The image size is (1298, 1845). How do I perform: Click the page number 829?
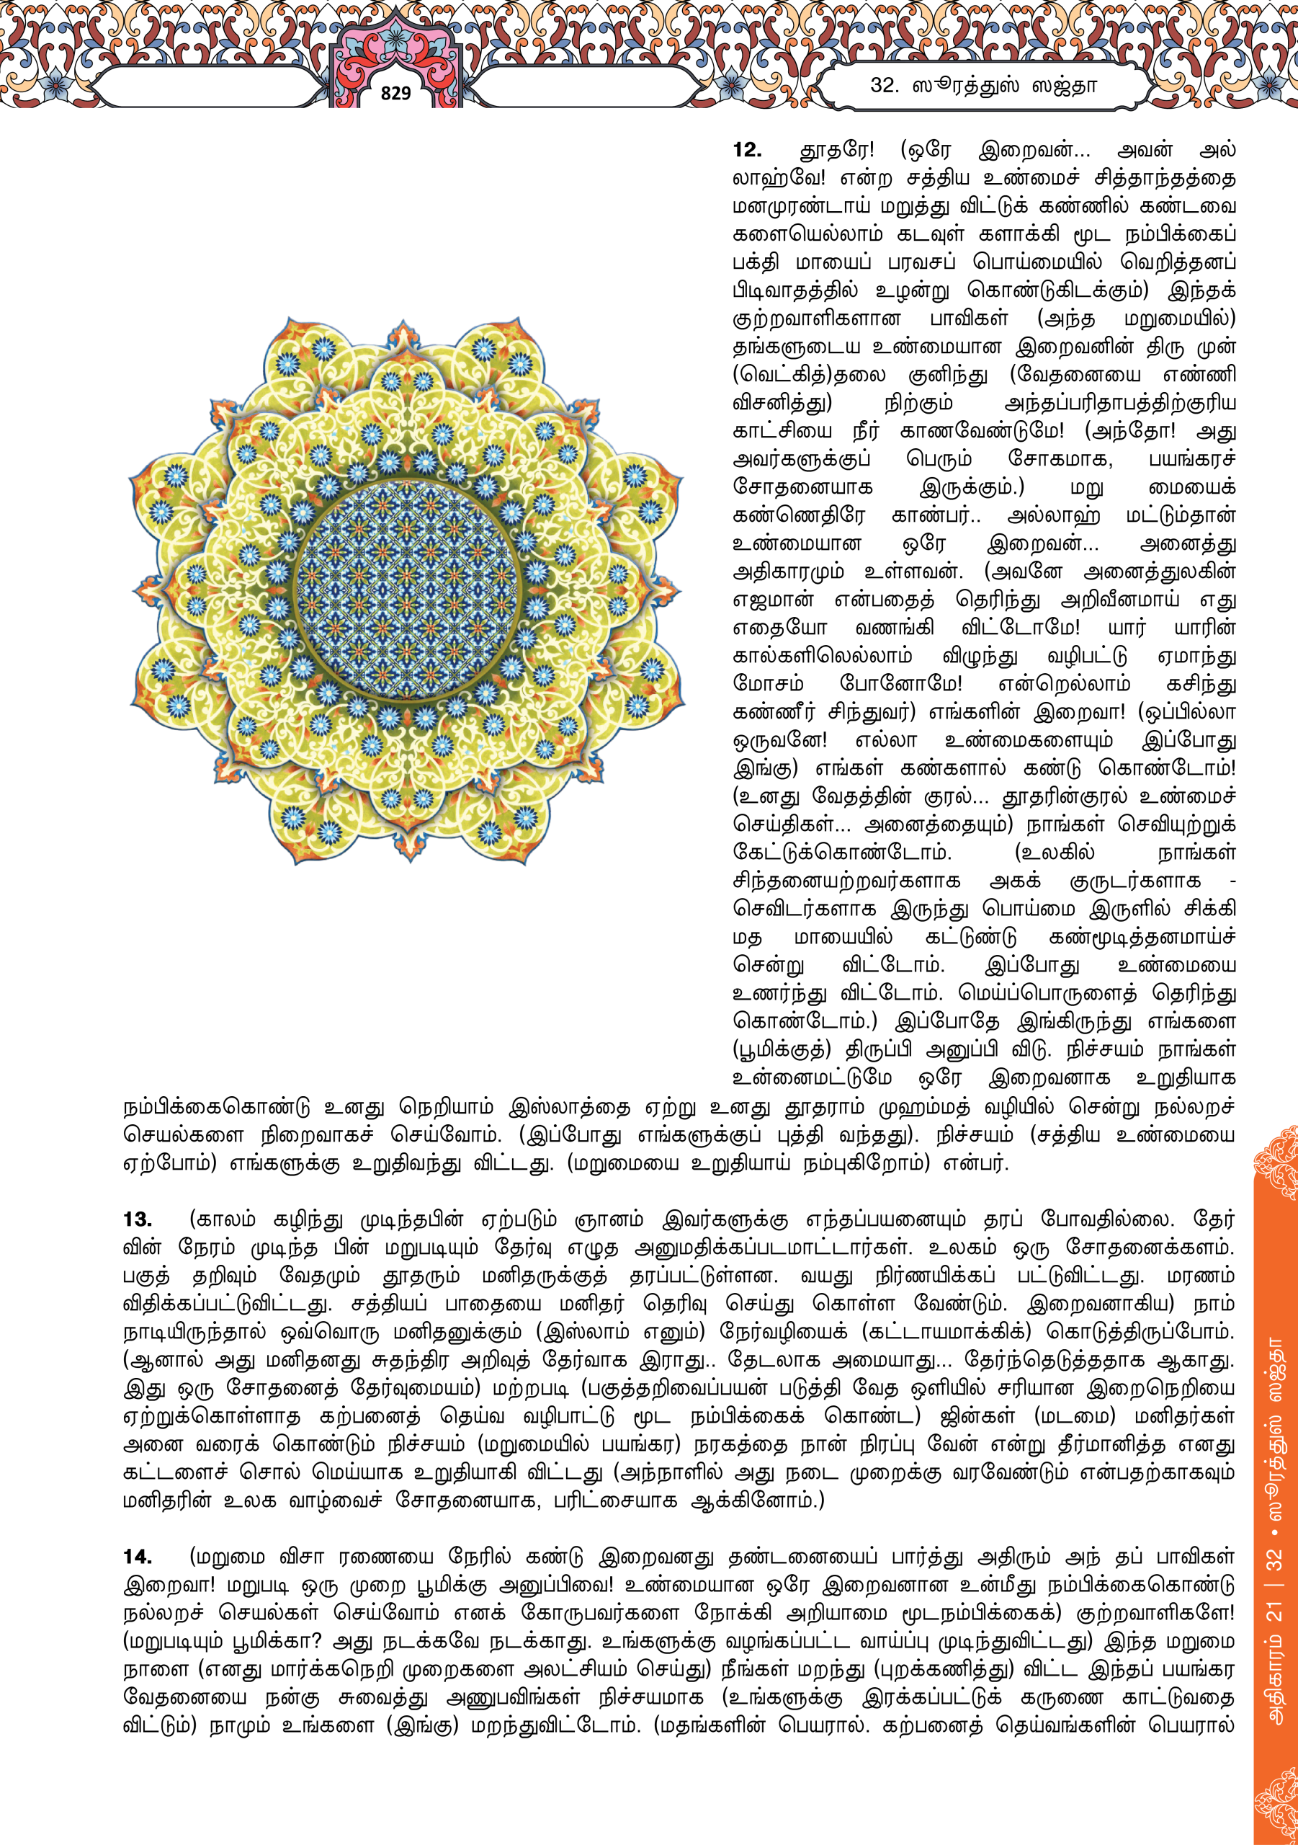[395, 93]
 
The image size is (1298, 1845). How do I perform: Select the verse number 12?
[747, 151]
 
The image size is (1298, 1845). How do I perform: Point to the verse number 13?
[138, 1219]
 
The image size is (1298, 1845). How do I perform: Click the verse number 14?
[138, 1557]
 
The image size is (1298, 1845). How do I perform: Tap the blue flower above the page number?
[395, 34]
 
